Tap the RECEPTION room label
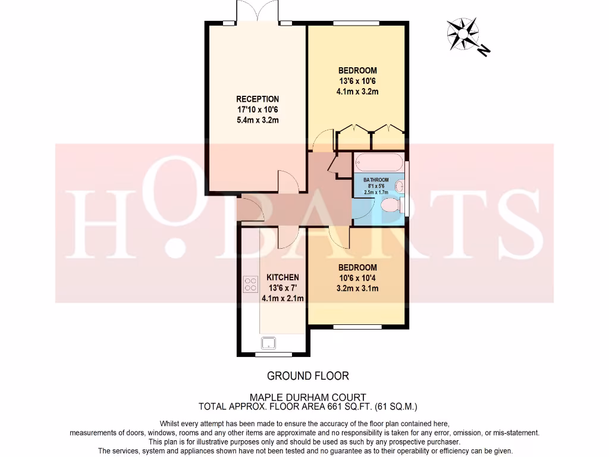pyautogui.click(x=258, y=99)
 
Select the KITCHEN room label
pyautogui.click(x=282, y=277)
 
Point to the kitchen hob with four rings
pyautogui.click(x=250, y=284)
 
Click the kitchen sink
pyautogui.click(x=269, y=342)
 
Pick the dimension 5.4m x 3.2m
pyautogui.click(x=258, y=120)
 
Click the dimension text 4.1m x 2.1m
pyautogui.click(x=283, y=299)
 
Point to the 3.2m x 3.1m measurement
pyautogui.click(x=357, y=289)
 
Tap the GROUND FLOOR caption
pyautogui.click(x=307, y=375)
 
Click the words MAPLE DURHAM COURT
pyautogui.click(x=307, y=397)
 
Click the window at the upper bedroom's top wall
pyautogui.click(x=356, y=23)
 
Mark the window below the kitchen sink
pyautogui.click(x=269, y=355)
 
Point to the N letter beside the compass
pyautogui.click(x=484, y=50)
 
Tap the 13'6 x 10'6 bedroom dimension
pyautogui.click(x=357, y=81)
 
